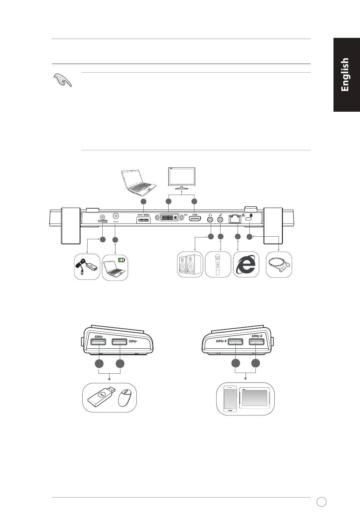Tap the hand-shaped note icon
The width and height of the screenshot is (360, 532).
[x=63, y=80]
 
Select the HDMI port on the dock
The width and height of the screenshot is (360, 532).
[x=194, y=220]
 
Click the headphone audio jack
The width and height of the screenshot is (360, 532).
[x=210, y=219]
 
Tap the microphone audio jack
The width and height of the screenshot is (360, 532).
[x=220, y=219]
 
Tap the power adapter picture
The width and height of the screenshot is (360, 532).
[x=87, y=267]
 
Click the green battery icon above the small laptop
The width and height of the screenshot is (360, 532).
[x=122, y=260]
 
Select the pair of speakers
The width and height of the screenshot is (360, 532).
[x=190, y=265]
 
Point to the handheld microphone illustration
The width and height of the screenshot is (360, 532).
[x=218, y=265]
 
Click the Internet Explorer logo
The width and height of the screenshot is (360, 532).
[x=246, y=265]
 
